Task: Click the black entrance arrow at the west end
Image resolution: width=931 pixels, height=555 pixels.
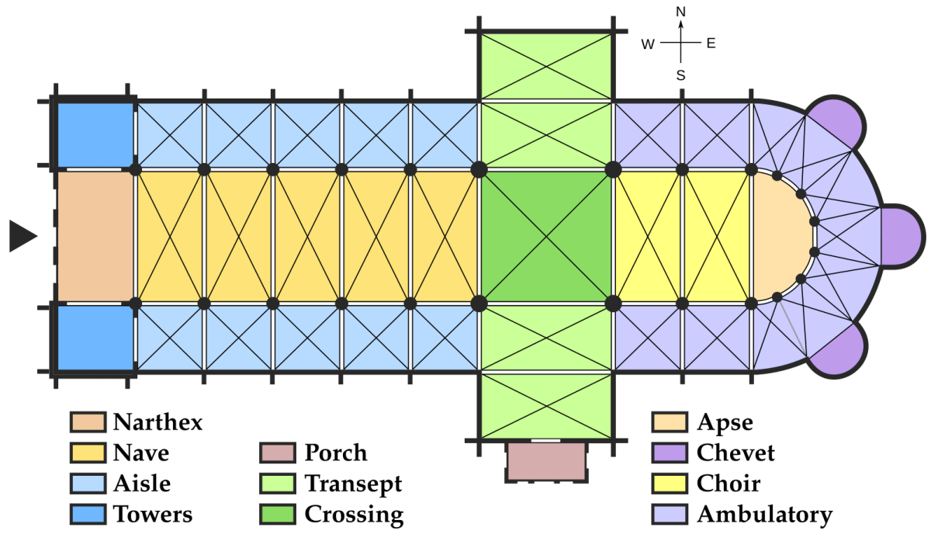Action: click(x=22, y=236)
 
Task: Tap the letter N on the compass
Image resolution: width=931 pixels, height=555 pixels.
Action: click(x=681, y=12)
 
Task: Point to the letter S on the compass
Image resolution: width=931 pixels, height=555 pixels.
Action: click(x=681, y=75)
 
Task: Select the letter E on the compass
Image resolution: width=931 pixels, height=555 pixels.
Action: click(x=711, y=43)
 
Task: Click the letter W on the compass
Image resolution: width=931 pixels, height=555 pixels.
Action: click(x=648, y=44)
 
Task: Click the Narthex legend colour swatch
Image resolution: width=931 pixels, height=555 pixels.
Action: click(x=88, y=422)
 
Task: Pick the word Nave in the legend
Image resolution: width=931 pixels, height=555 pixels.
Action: click(x=141, y=453)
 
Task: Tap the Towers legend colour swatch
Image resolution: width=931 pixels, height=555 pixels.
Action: click(x=88, y=514)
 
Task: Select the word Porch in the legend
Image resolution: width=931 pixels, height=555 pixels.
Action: click(x=336, y=453)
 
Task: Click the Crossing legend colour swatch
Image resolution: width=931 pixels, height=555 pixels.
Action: click(x=278, y=514)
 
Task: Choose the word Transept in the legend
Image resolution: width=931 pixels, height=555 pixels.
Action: click(x=353, y=484)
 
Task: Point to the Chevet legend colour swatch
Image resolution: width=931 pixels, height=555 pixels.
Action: click(x=670, y=453)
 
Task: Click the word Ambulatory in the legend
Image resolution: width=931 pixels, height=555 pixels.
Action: click(x=765, y=515)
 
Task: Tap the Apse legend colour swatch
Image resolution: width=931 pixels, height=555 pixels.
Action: click(x=670, y=422)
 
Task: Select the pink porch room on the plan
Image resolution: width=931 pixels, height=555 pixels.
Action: click(x=546, y=461)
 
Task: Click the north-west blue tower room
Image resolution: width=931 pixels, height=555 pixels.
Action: click(x=95, y=135)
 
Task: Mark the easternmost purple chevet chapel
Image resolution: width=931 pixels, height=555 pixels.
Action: click(x=901, y=237)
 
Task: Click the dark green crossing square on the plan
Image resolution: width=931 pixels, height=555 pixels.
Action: click(x=546, y=237)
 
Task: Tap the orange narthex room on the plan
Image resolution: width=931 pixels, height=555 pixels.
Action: click(x=95, y=237)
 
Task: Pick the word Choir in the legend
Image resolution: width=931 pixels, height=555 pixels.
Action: click(x=729, y=483)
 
